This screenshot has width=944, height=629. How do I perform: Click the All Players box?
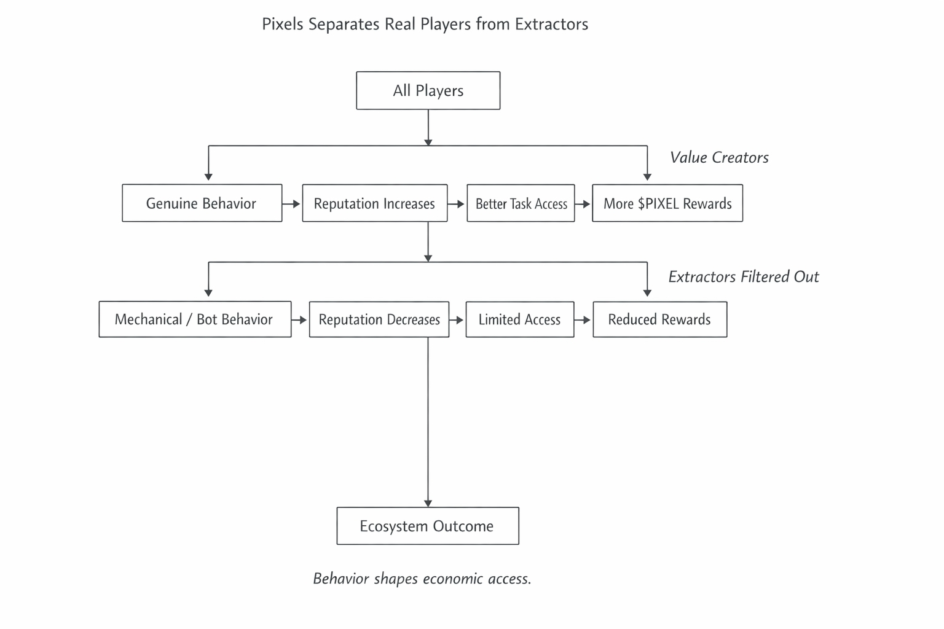[x=428, y=91]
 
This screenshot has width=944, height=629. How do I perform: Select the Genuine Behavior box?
[x=202, y=203]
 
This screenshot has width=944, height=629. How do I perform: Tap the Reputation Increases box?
[x=374, y=203]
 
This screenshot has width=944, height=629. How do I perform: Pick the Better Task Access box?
[x=521, y=203]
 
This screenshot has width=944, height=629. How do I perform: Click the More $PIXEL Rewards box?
[x=667, y=203]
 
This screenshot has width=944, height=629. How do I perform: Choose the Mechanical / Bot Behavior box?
[x=194, y=319]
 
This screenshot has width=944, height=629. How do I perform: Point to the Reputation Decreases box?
[x=379, y=319]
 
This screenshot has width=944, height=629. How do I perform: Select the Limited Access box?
[x=519, y=319]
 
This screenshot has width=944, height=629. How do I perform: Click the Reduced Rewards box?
[x=659, y=319]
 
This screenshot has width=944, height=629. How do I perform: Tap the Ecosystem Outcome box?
[x=427, y=526]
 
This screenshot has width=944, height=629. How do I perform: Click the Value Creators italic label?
[x=719, y=158]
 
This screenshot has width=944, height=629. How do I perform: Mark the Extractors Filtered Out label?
[x=743, y=277]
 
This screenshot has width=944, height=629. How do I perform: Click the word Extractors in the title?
[x=551, y=25]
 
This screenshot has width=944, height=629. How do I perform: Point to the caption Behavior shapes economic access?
[x=422, y=579]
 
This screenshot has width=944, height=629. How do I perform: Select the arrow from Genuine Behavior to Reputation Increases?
[x=291, y=203]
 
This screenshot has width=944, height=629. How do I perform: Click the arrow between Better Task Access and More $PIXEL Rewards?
[x=583, y=203]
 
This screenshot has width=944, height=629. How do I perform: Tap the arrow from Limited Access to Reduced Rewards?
[x=583, y=319]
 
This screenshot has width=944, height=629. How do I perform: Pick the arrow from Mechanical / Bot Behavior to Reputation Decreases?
[x=299, y=319]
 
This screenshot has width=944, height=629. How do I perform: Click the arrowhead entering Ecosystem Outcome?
[x=428, y=503]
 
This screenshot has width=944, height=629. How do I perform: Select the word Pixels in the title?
[x=283, y=25]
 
